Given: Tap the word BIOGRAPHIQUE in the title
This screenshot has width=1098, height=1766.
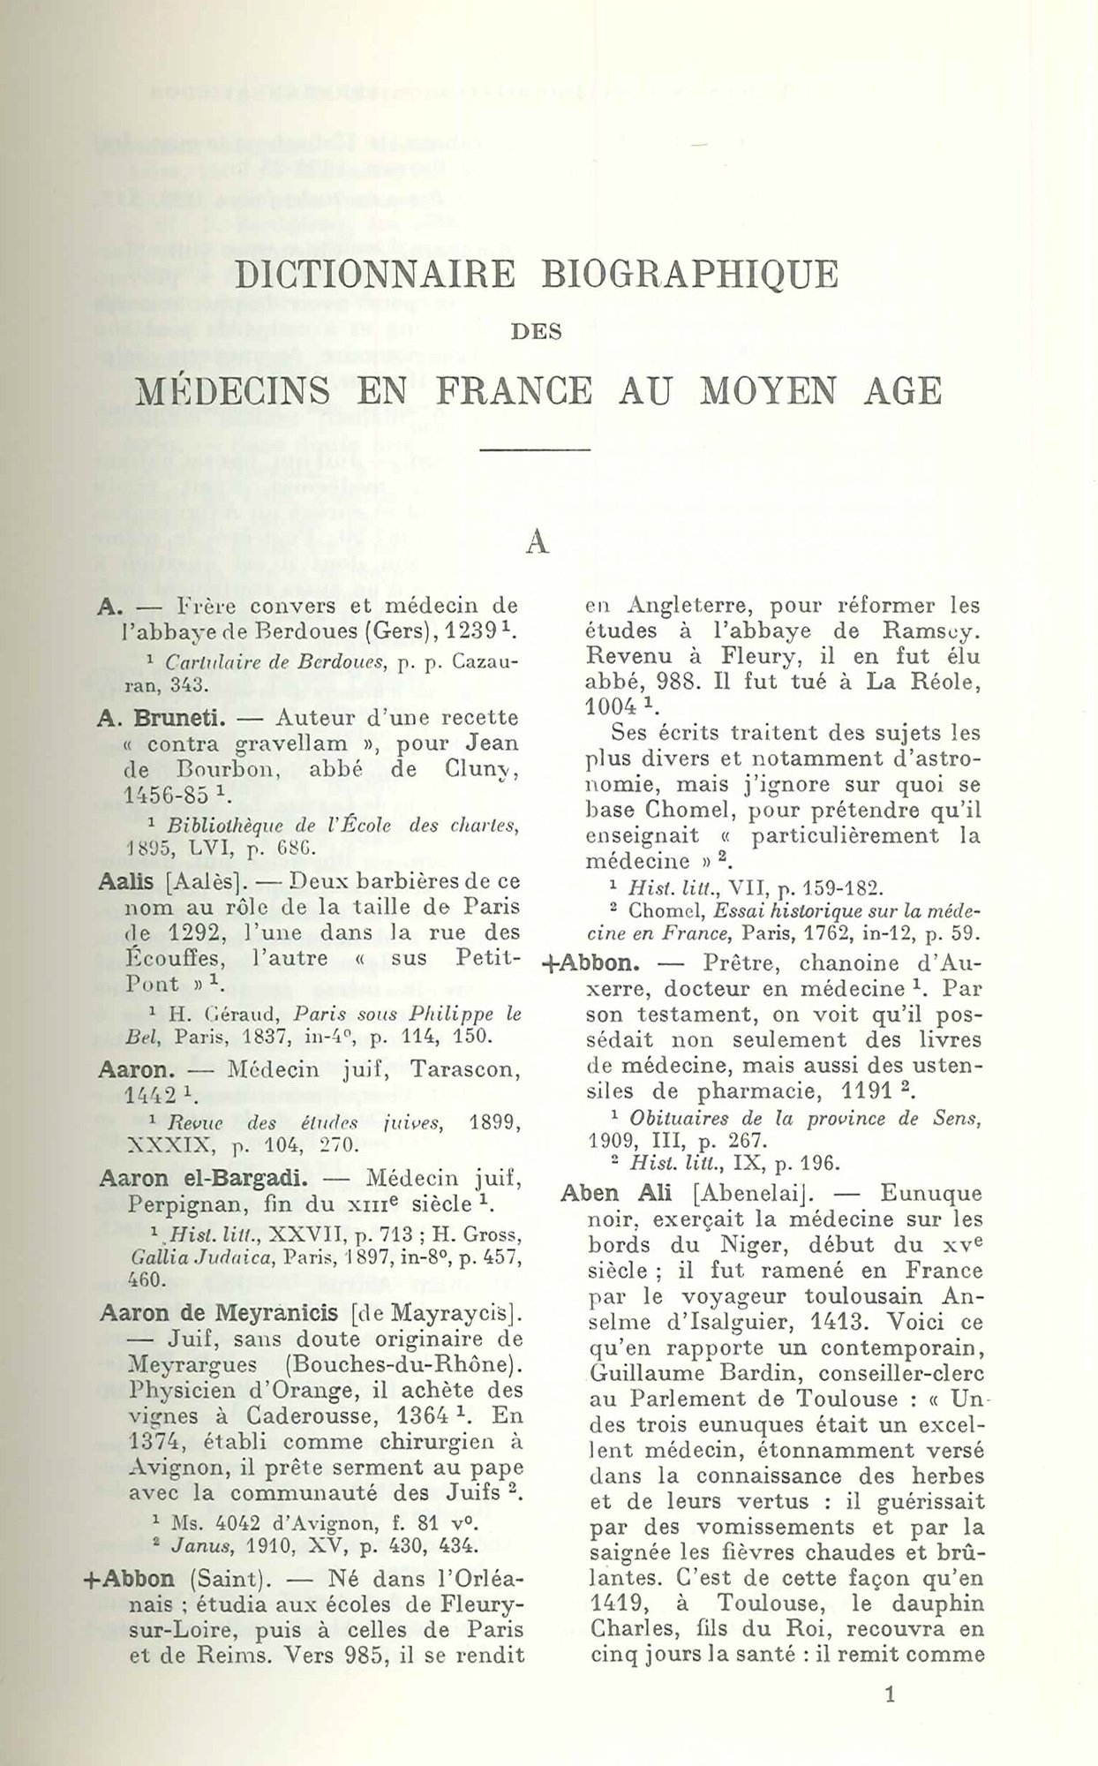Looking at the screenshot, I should click(x=689, y=275).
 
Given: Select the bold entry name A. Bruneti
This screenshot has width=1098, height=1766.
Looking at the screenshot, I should click(x=147, y=717).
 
